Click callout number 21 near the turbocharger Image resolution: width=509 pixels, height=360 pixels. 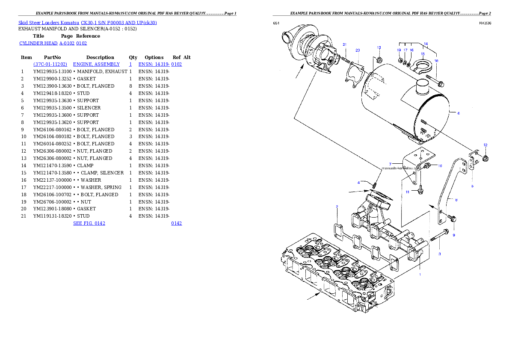[345, 45]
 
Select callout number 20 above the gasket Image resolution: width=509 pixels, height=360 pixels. [358, 50]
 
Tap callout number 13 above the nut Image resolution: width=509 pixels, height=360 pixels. [379, 47]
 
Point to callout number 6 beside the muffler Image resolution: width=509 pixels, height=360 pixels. [459, 113]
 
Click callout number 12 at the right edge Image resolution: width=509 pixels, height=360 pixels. [485, 145]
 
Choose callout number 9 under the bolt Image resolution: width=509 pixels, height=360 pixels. [454, 235]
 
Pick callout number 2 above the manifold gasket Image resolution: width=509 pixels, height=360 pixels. [337, 207]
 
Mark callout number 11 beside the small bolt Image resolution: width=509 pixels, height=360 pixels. [408, 192]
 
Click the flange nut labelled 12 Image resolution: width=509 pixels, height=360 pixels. [485, 159]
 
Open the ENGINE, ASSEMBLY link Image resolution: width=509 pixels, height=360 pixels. [96, 64]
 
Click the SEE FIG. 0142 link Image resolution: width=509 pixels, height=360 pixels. [89, 223]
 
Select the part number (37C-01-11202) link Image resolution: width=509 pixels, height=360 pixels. [50, 64]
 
